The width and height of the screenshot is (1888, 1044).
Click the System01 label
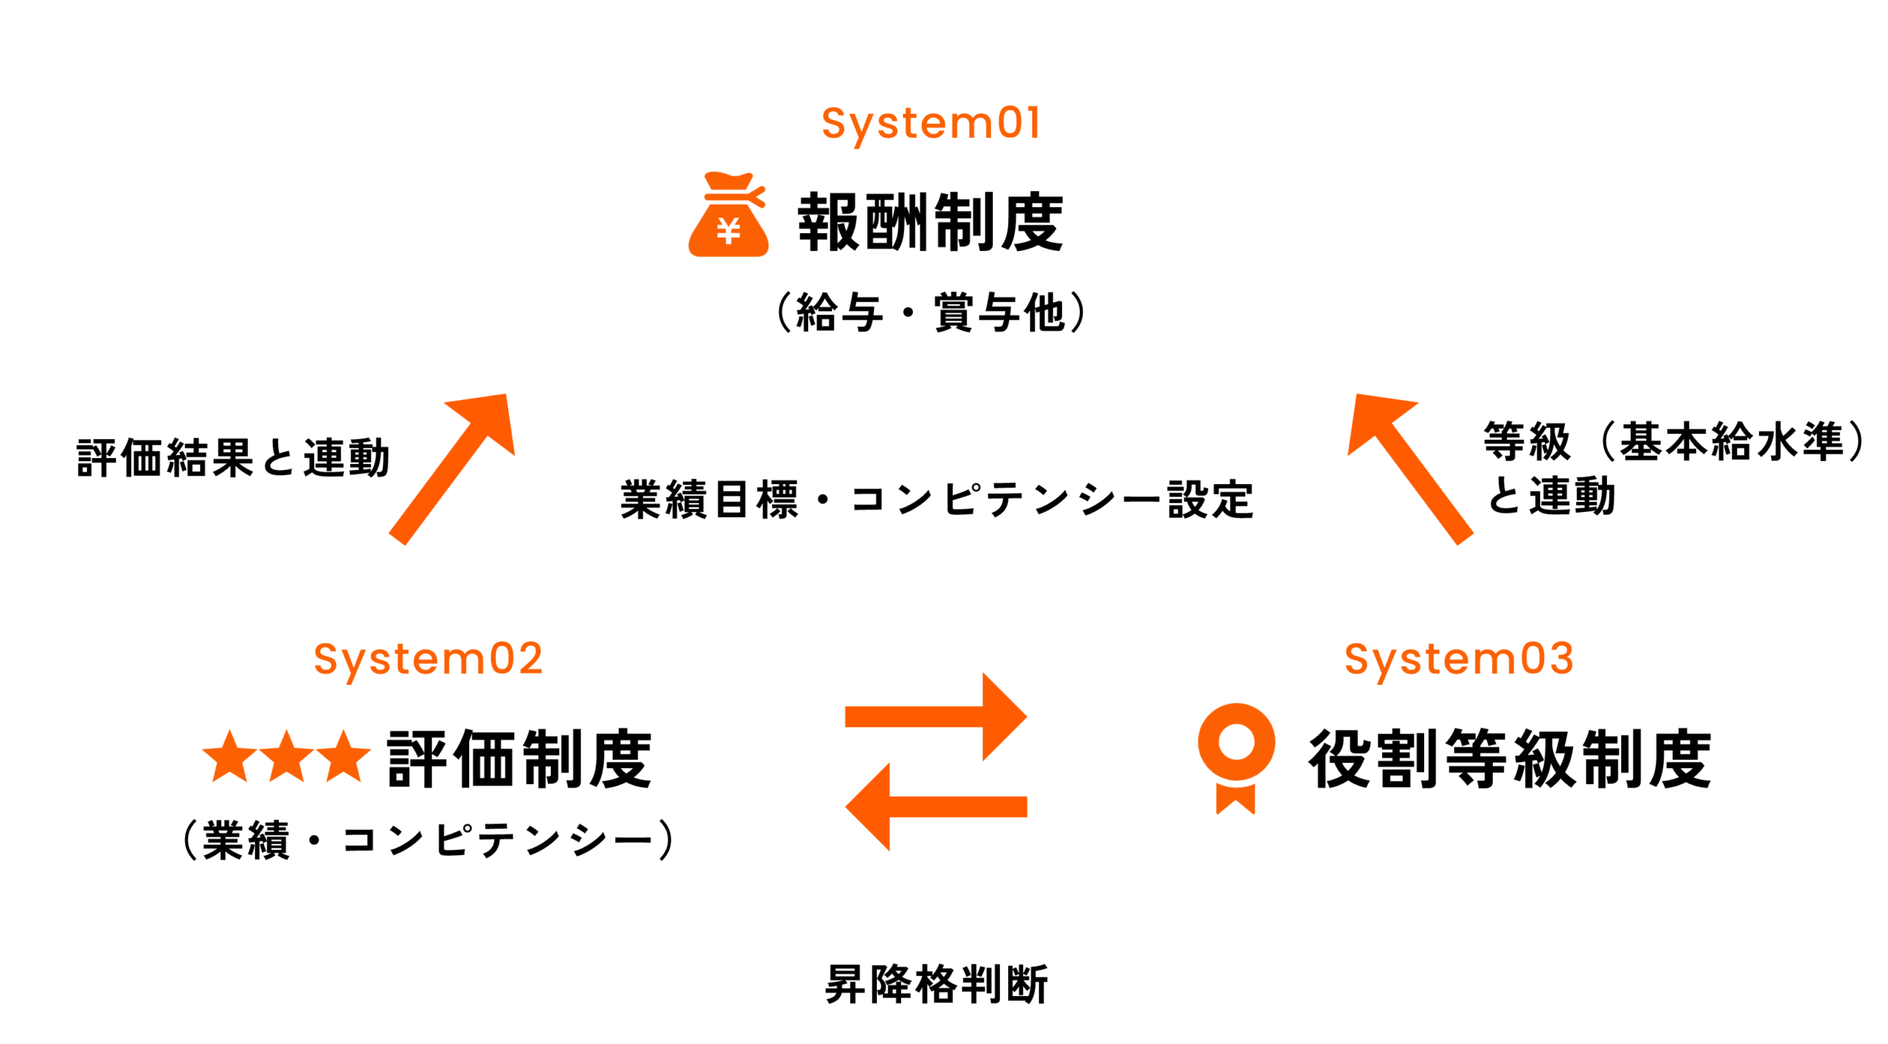click(x=931, y=123)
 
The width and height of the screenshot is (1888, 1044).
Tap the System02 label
click(x=428, y=659)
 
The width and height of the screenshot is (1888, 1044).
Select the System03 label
click(x=1459, y=659)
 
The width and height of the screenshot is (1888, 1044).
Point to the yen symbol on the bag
click(x=729, y=232)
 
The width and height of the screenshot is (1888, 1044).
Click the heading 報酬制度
click(x=931, y=222)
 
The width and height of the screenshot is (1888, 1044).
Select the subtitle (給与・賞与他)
click(x=931, y=313)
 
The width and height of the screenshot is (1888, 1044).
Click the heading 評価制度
click(x=520, y=758)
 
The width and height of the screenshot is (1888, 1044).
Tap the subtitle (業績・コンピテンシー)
click(x=428, y=840)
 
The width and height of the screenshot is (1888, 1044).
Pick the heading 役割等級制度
click(x=1510, y=758)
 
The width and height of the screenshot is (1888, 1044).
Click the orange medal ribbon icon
click(x=1236, y=753)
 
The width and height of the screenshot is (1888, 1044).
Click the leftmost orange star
click(x=230, y=757)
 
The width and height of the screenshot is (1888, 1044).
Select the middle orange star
click(x=287, y=757)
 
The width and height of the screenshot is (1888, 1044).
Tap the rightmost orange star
click(x=344, y=757)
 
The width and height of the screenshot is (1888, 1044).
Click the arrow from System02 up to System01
click(x=452, y=469)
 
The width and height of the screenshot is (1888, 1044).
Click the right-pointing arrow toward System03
click(x=937, y=716)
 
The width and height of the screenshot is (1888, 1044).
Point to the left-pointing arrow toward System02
click(x=937, y=806)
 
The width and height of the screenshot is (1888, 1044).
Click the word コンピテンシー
click(x=499, y=840)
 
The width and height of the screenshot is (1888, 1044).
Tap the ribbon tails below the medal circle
click(x=1236, y=799)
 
